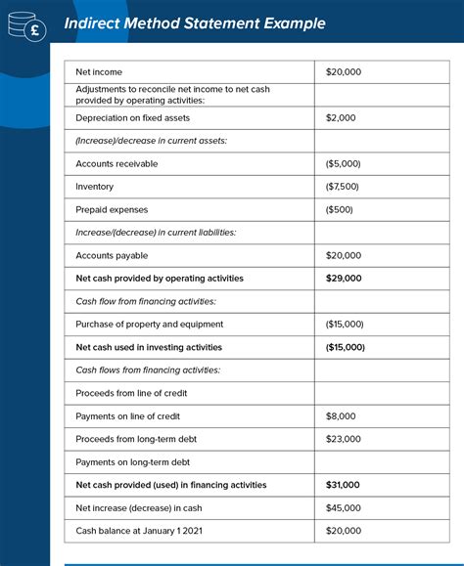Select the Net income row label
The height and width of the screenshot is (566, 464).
pos(99,72)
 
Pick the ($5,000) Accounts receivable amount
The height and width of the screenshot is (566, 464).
pos(345,164)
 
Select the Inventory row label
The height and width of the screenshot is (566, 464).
pos(94,187)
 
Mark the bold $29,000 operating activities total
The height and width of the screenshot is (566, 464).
pos(344,279)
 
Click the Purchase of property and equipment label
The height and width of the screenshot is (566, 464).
pos(149,324)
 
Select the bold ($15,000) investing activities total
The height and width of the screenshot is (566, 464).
pos(346,347)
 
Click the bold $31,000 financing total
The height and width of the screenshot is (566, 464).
pos(343,485)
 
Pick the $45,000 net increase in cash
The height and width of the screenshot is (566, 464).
pos(343,507)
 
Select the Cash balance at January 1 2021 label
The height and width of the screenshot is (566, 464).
pos(140,531)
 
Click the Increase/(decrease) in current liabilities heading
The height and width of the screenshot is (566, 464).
pos(155,233)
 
